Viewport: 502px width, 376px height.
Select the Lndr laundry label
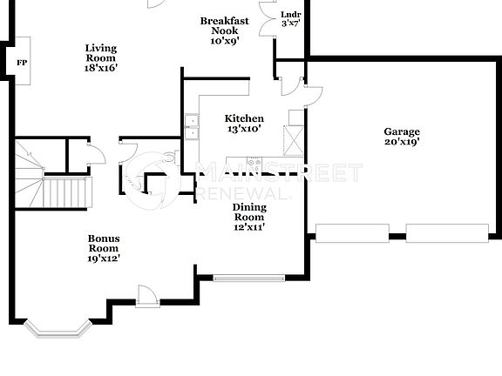tap(290, 15)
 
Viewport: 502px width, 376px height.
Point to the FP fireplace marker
tap(22, 62)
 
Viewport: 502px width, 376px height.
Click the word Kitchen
tap(244, 118)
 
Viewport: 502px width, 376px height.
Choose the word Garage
tap(402, 132)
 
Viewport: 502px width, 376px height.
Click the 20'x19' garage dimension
tap(402, 143)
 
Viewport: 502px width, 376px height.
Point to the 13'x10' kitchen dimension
tap(244, 129)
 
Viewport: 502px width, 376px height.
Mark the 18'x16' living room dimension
tap(101, 67)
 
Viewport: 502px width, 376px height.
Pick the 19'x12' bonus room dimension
tap(103, 258)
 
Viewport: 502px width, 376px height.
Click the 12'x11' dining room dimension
tap(248, 226)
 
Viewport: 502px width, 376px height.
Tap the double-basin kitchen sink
tap(190, 127)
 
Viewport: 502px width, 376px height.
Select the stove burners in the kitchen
tap(255, 162)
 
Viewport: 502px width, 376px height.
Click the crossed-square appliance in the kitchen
tap(294, 138)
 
